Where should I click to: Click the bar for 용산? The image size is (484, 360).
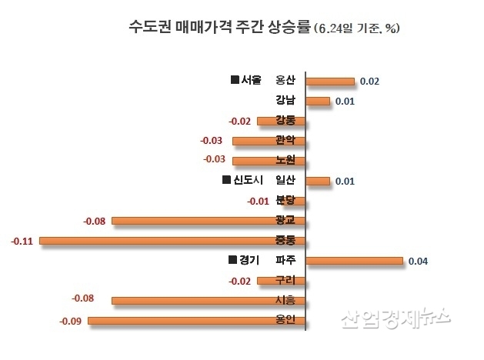tap(329, 81)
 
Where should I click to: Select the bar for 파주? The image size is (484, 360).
tap(354, 261)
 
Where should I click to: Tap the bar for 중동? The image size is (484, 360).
tap(172, 241)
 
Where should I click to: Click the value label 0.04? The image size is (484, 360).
tap(418, 262)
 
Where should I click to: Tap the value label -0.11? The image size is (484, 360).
tap(22, 242)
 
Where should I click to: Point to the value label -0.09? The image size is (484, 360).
tap(71, 321)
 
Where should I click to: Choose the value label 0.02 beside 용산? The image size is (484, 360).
tap(369, 81)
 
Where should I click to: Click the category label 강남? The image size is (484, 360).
tap(285, 101)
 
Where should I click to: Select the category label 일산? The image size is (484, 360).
tap(285, 181)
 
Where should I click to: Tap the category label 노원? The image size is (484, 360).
tap(285, 160)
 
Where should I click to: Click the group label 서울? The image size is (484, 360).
tap(252, 80)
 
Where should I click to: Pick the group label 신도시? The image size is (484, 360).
tap(248, 181)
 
